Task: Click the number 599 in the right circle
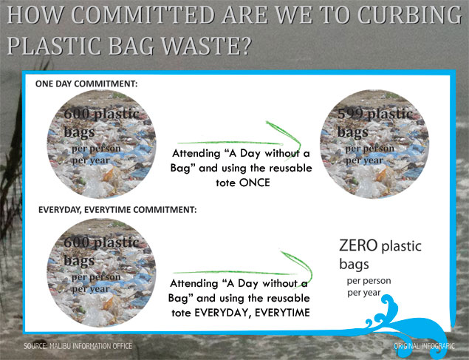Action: pos(350,115)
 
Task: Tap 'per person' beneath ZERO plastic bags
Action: pos(369,281)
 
